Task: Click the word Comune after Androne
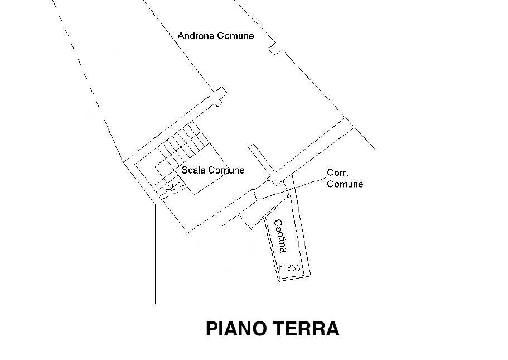pos(235,36)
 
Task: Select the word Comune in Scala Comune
pos(226,170)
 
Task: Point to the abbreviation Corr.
pos(337,174)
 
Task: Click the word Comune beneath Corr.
pos(345,184)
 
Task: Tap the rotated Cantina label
pos(280,236)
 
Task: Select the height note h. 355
pos(290,268)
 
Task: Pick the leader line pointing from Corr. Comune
pos(293,186)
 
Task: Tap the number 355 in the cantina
pos(294,268)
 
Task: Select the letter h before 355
pos(282,268)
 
